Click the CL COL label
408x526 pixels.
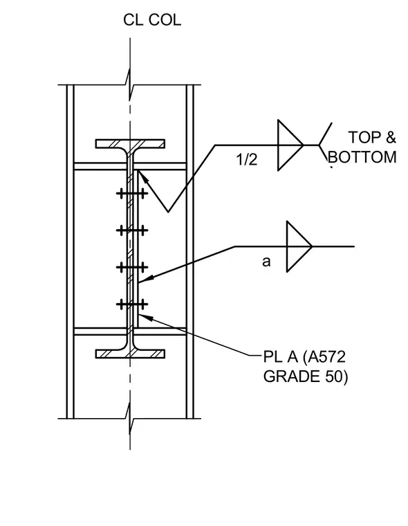point(152,20)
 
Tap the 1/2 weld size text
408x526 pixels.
point(246,159)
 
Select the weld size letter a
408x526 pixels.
point(266,262)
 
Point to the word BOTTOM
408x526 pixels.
point(362,157)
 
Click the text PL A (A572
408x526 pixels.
point(304,357)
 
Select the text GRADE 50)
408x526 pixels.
point(306,377)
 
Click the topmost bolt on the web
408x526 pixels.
point(132,194)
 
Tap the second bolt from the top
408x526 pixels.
point(132,230)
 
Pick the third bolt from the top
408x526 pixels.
point(132,267)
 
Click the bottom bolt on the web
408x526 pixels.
point(132,305)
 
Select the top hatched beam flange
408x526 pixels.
point(130,144)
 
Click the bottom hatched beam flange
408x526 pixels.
point(130,354)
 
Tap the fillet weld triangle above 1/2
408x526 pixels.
point(290,145)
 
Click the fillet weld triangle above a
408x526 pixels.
point(299,246)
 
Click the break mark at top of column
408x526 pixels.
point(130,84)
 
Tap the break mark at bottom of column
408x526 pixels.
point(130,418)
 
